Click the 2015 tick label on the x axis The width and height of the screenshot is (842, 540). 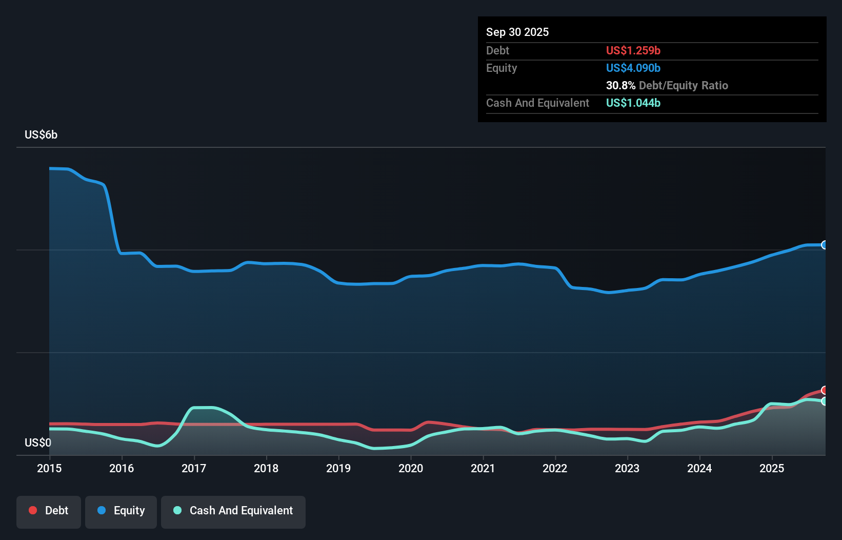pos(49,468)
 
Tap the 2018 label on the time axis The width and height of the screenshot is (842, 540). pos(266,468)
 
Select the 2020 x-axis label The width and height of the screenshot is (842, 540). pos(411,468)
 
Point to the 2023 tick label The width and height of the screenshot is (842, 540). pos(627,468)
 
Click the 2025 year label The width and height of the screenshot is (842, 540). pos(772,468)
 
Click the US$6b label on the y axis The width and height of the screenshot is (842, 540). pos(41,135)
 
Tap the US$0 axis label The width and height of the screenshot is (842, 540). pos(38,442)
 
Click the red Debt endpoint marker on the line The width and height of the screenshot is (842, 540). pos(825,390)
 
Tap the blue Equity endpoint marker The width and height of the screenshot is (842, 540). pos(825,245)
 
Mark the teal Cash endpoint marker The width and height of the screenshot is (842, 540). pos(825,401)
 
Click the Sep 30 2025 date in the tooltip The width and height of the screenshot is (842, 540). pos(517,32)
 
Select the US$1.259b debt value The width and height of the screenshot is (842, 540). pos(633,50)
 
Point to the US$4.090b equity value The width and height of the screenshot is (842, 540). pos(633,68)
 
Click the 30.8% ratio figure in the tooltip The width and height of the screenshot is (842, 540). pos(620,85)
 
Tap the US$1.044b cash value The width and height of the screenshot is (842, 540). pos(633,103)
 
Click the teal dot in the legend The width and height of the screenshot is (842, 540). pos(177,510)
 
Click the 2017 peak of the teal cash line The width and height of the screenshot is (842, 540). pos(203,408)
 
